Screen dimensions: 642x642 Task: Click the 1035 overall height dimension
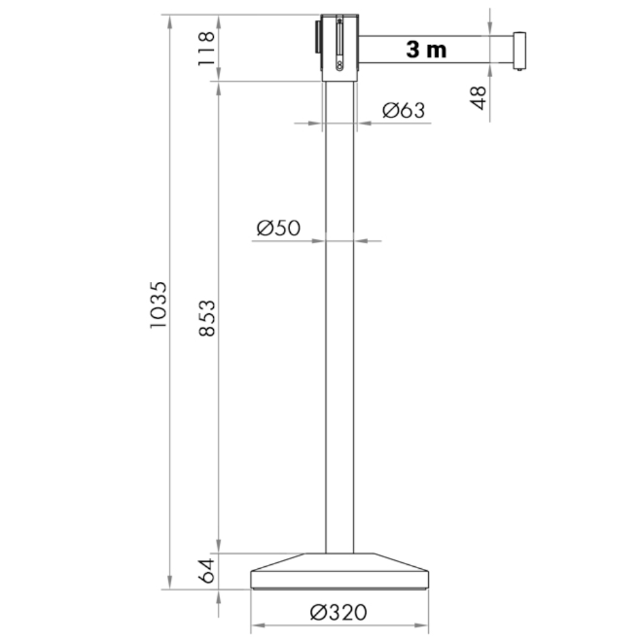tap(159, 304)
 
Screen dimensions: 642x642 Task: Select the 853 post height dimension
tap(207, 318)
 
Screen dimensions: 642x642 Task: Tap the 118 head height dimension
tap(206, 48)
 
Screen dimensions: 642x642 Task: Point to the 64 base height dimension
tap(207, 570)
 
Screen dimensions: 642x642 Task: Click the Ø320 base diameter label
tap(338, 612)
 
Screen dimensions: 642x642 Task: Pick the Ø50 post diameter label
tap(279, 228)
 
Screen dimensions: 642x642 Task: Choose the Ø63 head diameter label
tap(404, 110)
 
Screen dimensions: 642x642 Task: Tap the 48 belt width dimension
tap(478, 98)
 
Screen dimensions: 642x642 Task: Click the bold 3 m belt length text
tap(426, 49)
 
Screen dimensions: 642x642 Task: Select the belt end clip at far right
tap(519, 51)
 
